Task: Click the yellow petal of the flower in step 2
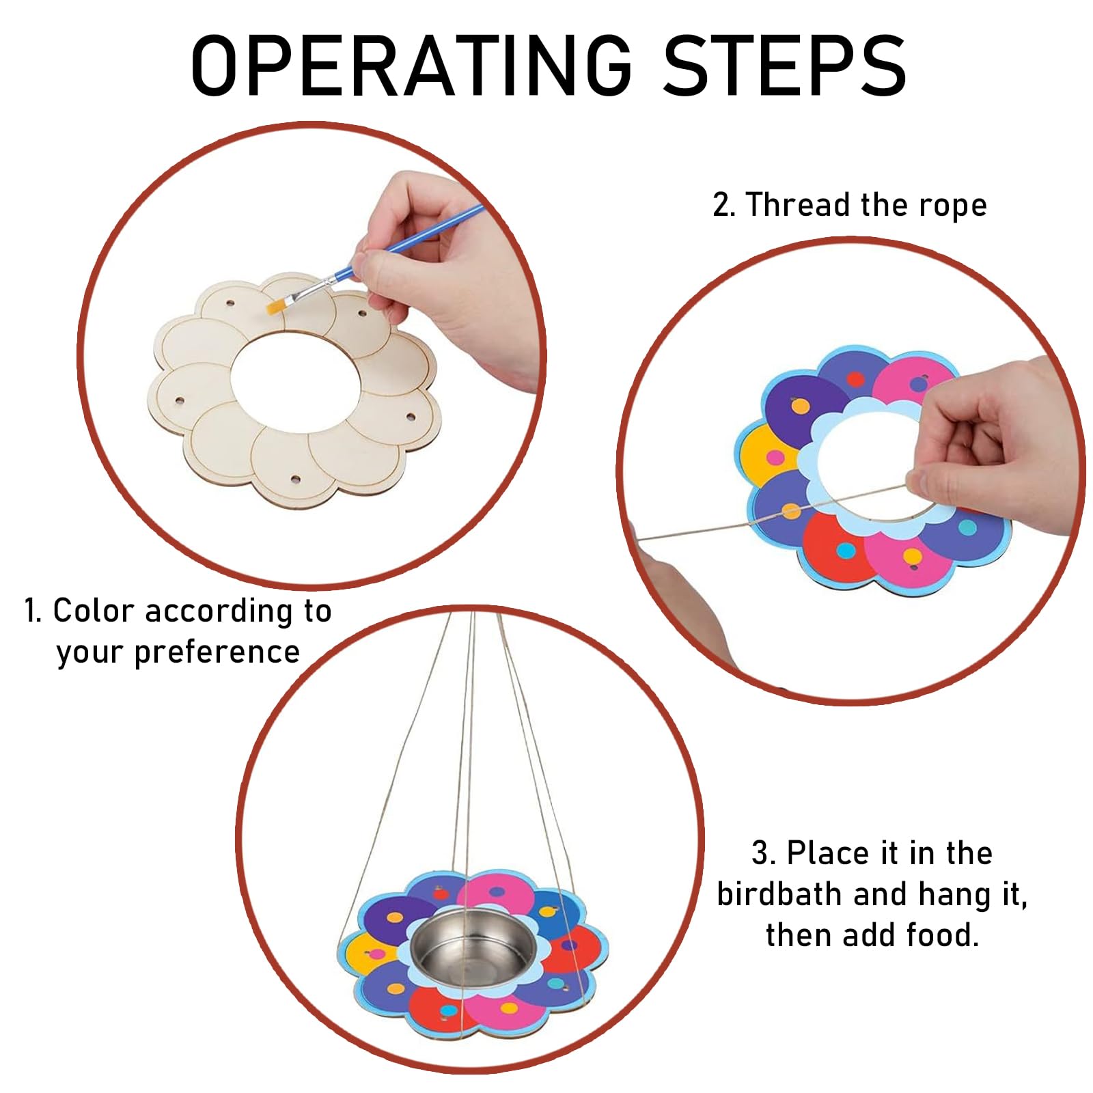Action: point(765,452)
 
